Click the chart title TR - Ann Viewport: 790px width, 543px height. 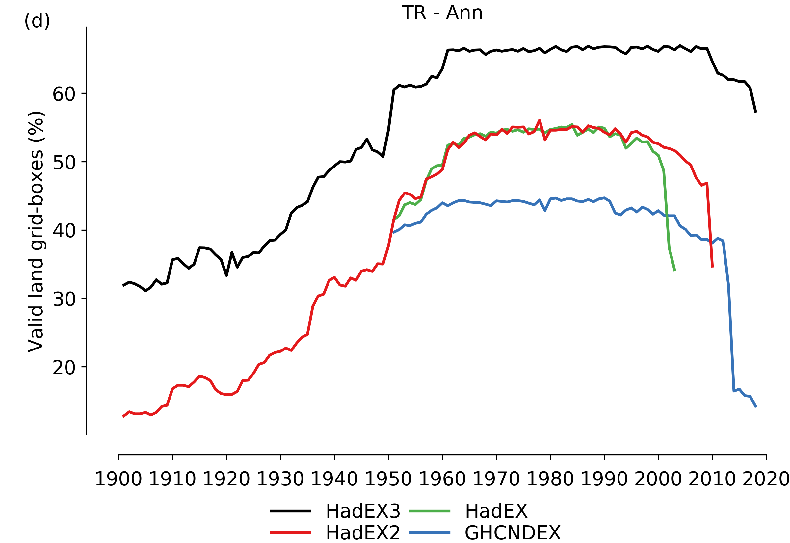442,13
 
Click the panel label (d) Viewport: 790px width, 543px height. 37,21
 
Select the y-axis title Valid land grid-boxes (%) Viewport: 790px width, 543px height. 36,231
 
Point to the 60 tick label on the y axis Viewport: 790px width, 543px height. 64,94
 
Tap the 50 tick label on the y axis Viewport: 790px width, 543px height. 64,163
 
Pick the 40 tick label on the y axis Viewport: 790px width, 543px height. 64,231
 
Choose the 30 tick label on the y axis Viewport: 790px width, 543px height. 64,299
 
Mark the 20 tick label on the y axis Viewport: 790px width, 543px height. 64,368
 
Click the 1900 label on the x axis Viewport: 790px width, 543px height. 118,480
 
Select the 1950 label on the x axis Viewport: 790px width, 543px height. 388,480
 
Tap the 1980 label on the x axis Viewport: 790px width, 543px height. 550,480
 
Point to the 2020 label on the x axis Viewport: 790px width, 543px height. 766,480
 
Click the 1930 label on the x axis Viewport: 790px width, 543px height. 280,480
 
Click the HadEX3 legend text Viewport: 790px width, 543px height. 363,511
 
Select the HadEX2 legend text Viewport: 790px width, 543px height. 363,533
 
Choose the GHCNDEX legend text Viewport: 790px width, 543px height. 513,533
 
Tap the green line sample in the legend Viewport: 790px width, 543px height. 430,511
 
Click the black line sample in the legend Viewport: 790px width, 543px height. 290,511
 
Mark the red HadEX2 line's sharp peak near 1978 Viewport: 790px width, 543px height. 539,120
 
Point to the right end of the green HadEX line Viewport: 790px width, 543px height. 675,271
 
